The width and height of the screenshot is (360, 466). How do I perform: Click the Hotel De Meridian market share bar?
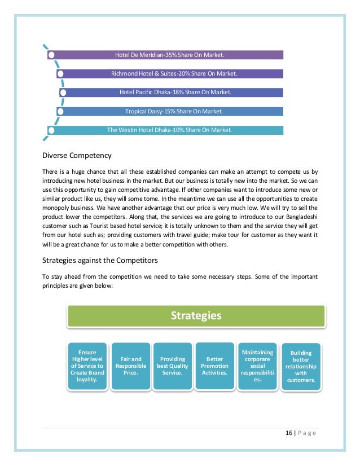(169, 55)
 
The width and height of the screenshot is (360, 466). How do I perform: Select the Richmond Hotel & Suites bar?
(174, 73)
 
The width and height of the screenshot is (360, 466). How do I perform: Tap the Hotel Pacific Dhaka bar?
(175, 92)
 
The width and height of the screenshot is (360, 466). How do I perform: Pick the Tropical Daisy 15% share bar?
(174, 111)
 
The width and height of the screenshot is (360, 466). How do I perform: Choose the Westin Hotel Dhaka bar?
(169, 130)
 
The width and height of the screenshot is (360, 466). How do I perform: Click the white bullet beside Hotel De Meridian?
(51, 55)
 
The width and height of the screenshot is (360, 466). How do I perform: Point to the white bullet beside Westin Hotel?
(51, 130)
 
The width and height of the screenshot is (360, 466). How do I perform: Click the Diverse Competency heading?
(77, 155)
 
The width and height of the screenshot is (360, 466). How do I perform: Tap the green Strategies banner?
(196, 316)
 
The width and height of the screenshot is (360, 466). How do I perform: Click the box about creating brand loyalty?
(87, 366)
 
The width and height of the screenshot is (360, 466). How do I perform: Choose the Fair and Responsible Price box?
(130, 366)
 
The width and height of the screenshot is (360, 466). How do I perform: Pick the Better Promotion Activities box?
(214, 366)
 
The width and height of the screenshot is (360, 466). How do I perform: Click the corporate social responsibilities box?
(257, 366)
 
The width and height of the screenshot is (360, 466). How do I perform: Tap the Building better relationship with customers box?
(300, 366)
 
